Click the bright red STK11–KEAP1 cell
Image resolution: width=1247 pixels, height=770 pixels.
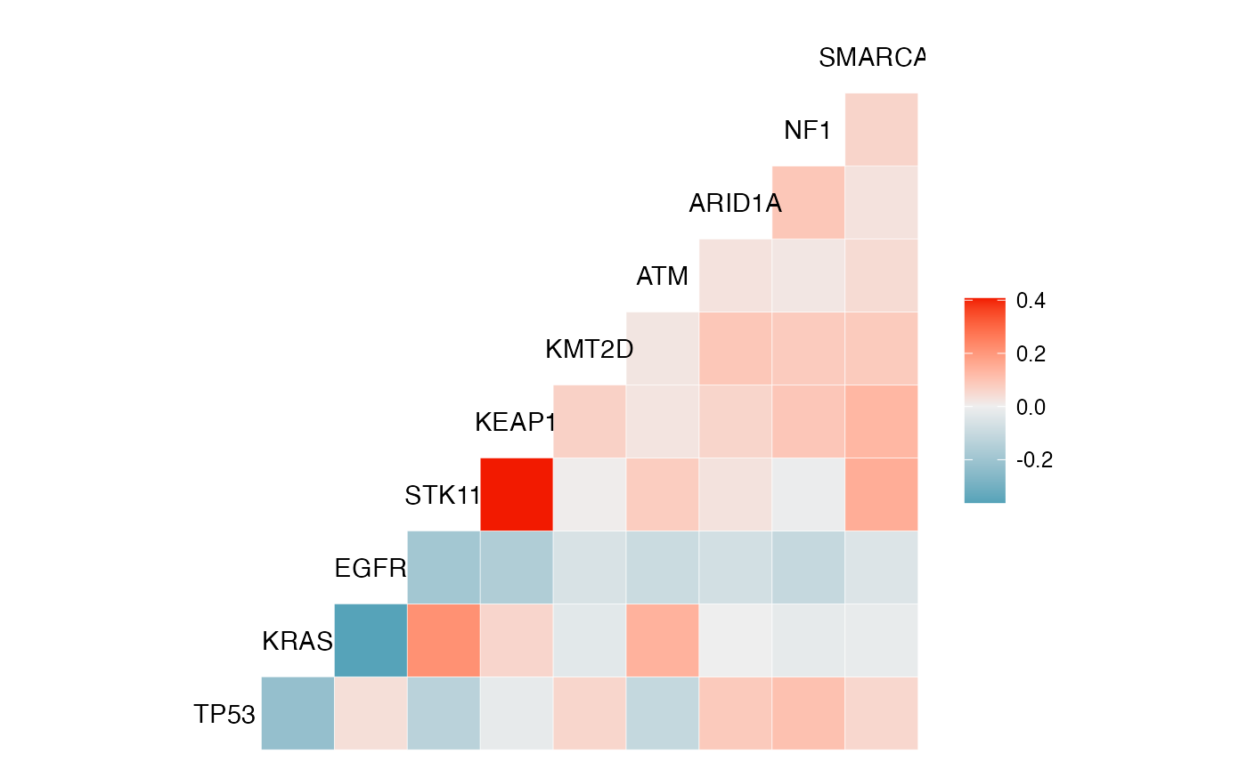pos(517,494)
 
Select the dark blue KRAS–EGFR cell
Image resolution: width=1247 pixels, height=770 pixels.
pos(371,640)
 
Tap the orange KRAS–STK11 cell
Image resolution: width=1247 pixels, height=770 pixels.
pos(444,640)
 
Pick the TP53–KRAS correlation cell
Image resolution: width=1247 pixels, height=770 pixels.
pos(297,713)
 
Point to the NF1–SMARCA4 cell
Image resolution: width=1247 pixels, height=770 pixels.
pos(881,129)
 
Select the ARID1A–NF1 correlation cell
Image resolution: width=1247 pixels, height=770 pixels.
pos(808,202)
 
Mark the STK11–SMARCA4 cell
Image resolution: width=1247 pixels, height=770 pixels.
pos(881,494)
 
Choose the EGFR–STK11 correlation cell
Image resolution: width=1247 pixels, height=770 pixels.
pos(444,567)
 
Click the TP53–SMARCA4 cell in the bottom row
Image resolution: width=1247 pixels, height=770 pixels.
pos(881,713)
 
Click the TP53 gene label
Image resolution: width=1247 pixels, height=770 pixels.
pos(224,714)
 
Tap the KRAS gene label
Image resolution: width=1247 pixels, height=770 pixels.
pos(297,641)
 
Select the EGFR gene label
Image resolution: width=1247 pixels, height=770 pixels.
pos(371,568)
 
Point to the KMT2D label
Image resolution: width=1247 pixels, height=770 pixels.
pos(589,349)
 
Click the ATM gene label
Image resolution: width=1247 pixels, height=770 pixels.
pos(662,277)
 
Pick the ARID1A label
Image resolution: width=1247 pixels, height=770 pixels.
pos(735,204)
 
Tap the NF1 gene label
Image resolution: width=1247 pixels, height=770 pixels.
pos(807,131)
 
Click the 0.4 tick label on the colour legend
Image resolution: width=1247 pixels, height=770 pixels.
pos(1031,301)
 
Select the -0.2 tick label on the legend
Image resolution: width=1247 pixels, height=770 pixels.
pos(1034,460)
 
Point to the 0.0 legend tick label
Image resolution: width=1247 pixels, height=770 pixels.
pos(1031,407)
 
